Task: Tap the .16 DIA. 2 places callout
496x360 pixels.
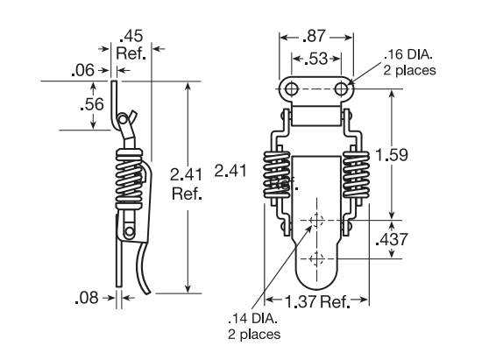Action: (407, 63)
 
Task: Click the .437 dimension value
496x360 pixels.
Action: (391, 239)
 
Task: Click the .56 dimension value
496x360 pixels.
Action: (91, 105)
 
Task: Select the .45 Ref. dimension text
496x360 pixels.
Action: (132, 44)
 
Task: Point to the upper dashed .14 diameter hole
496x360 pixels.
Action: (317, 220)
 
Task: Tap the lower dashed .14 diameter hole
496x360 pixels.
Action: (317, 258)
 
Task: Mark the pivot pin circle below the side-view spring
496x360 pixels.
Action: (129, 231)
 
